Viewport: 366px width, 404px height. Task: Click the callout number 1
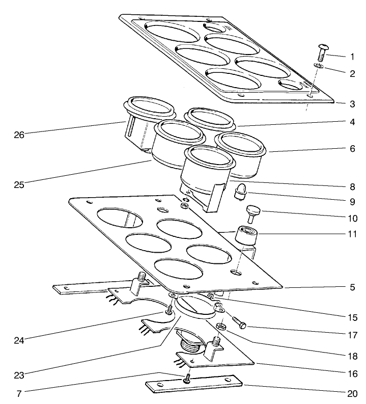tap(351, 56)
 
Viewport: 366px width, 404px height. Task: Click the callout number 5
tap(351, 287)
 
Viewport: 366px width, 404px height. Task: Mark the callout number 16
tap(351, 373)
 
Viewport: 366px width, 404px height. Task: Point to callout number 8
tap(351, 186)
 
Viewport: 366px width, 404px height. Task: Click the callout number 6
tap(351, 151)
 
